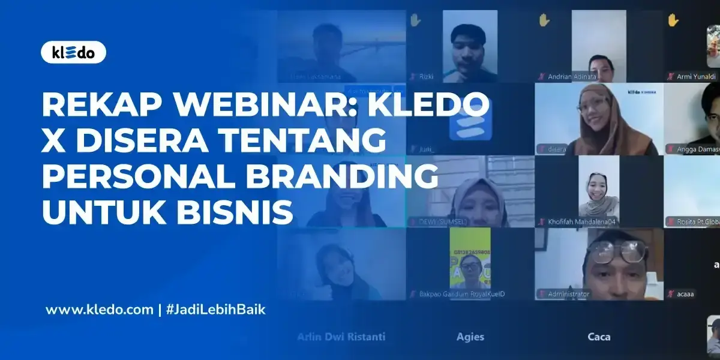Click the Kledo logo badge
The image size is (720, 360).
point(73,53)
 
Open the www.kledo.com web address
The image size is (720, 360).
point(100,310)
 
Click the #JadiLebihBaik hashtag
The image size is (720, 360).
point(215,310)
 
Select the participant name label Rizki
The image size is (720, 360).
point(426,77)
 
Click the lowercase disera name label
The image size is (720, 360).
point(557,149)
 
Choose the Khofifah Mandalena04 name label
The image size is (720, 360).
point(583,221)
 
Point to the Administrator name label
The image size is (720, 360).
point(569,294)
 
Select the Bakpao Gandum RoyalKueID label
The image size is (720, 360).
point(457,294)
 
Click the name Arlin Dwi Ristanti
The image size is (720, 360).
point(341,337)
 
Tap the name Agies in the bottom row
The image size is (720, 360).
point(470,337)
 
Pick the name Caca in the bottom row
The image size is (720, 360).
point(599,337)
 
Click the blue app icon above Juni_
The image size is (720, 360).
point(457,119)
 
